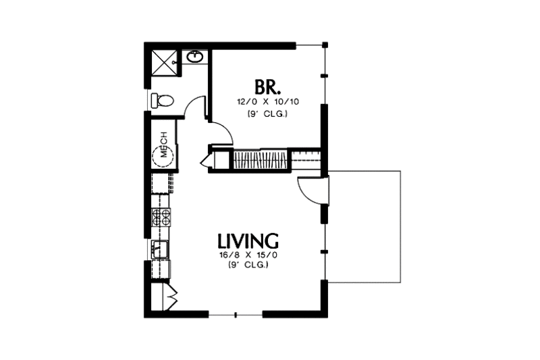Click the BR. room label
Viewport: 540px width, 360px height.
click(267, 87)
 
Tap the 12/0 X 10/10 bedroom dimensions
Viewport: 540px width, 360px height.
click(267, 102)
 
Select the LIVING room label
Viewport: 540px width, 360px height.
click(248, 241)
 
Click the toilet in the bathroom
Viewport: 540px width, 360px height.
click(163, 101)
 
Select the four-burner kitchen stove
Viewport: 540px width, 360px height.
click(162, 217)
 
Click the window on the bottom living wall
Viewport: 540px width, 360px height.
click(235, 315)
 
